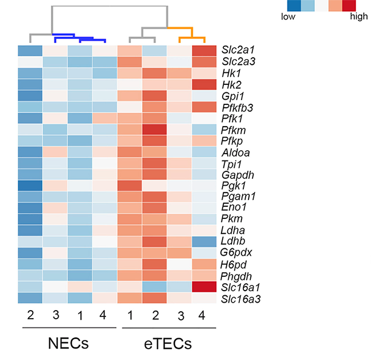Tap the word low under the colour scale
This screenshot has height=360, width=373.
[x=289, y=17]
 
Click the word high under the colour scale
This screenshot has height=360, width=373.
[x=359, y=17]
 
